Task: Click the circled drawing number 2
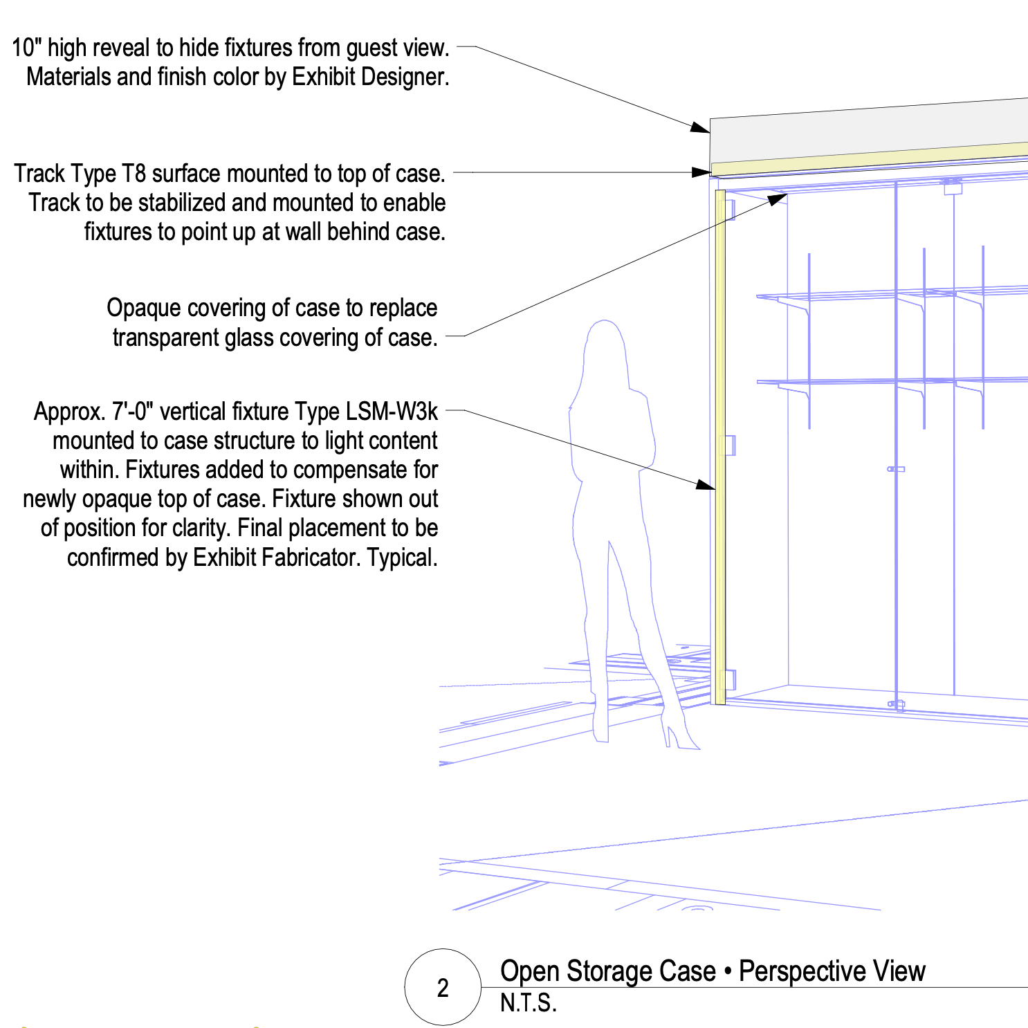pyautogui.click(x=443, y=987)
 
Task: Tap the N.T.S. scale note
pyautogui.click(x=528, y=1003)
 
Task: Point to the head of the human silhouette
pyautogui.click(x=605, y=339)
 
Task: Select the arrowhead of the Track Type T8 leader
pyautogui.click(x=702, y=172)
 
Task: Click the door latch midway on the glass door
pyautogui.click(x=896, y=469)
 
